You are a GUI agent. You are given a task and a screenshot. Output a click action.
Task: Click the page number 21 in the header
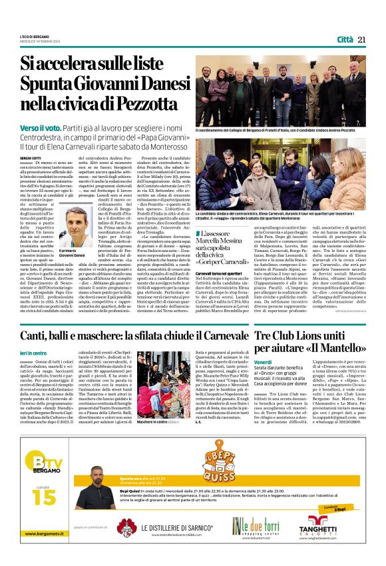coord(361,39)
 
